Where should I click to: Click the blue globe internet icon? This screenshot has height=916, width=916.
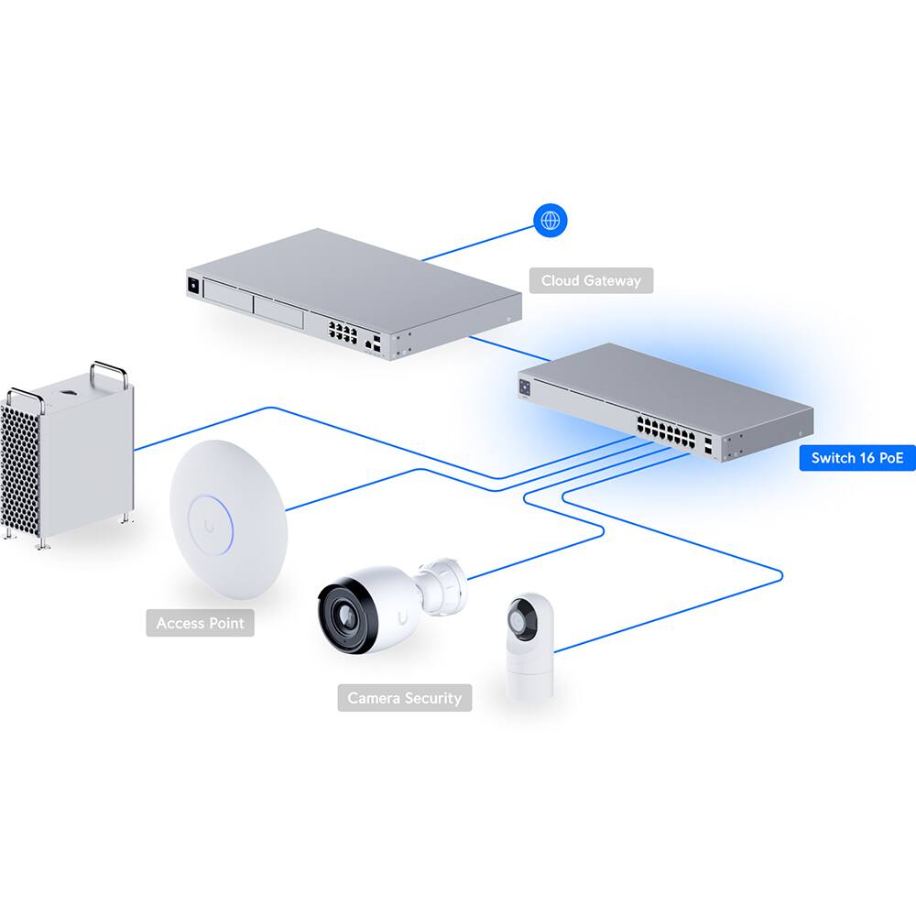pyautogui.click(x=551, y=220)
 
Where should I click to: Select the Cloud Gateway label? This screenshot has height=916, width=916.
pyautogui.click(x=591, y=280)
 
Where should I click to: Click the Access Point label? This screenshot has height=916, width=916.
pyautogui.click(x=200, y=623)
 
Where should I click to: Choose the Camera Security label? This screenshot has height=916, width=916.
pyautogui.click(x=404, y=698)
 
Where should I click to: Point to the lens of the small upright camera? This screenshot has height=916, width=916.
pyautogui.click(x=523, y=620)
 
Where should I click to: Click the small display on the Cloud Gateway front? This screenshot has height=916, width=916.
pyautogui.click(x=193, y=285)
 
